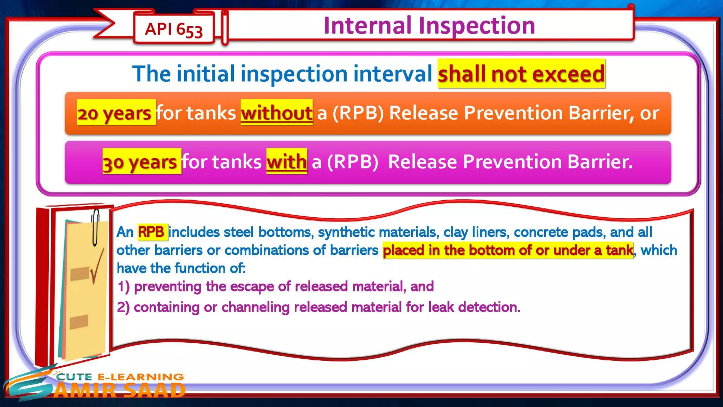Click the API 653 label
[174, 29]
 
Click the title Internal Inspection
[429, 25]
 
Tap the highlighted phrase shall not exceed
[521, 74]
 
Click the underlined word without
[276, 113]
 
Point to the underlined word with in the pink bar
[286, 162]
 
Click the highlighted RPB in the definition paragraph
[151, 232]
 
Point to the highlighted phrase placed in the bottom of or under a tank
[508, 250]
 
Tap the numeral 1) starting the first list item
[123, 287]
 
